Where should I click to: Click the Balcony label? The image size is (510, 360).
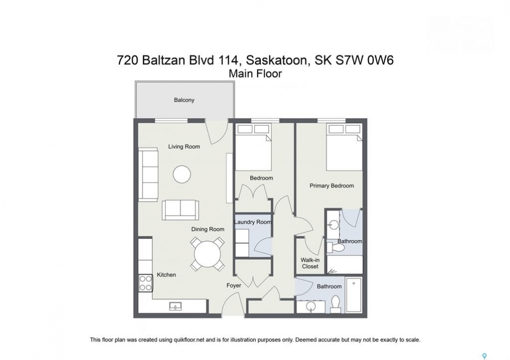tap(184, 100)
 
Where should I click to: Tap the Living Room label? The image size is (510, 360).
tap(184, 146)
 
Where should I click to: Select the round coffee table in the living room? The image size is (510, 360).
tap(182, 174)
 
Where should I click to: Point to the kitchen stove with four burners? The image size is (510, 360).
tap(145, 283)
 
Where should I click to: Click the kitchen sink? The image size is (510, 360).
tap(175, 305)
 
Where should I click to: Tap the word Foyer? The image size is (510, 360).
tap(234, 285)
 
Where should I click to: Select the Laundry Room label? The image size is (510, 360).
tap(253, 222)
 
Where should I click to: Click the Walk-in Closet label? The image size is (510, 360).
tap(310, 263)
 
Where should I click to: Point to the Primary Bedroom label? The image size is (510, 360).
tap(331, 186)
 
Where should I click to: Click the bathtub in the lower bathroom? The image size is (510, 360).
tap(353, 295)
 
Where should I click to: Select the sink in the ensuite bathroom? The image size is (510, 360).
tap(333, 224)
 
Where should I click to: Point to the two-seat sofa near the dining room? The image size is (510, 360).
tap(180, 210)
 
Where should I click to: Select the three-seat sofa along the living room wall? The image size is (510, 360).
tap(148, 174)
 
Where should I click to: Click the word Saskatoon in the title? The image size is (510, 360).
tap(277, 61)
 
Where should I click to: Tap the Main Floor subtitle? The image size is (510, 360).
tap(255, 74)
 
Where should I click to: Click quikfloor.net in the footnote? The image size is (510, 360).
tap(188, 340)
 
